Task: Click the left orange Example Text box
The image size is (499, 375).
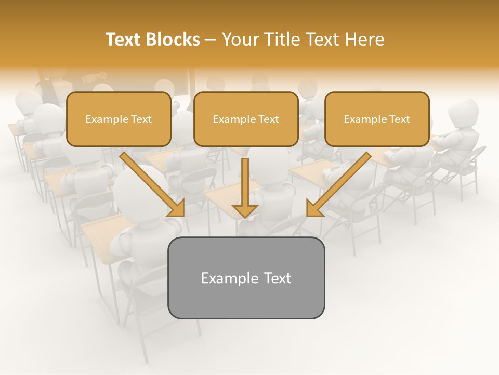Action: (119, 119)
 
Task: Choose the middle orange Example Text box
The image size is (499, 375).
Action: (246, 119)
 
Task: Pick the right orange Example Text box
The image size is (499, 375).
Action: (377, 119)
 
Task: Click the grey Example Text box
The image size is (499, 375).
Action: (246, 278)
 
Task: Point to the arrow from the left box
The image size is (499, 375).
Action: (151, 183)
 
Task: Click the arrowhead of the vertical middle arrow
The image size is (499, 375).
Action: (245, 210)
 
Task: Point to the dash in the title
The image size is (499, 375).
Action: (211, 40)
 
